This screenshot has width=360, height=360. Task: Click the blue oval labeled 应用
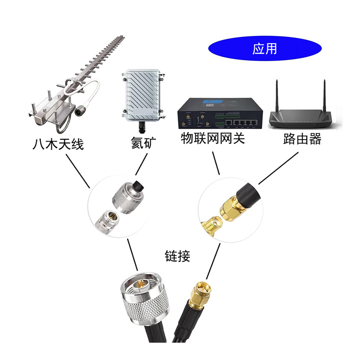coord(264,48)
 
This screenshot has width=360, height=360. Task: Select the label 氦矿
coord(143,143)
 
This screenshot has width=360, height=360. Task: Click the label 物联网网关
coord(213,139)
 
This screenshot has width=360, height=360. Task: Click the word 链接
coord(177,256)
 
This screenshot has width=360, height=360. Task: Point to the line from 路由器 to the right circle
coord(278,168)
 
